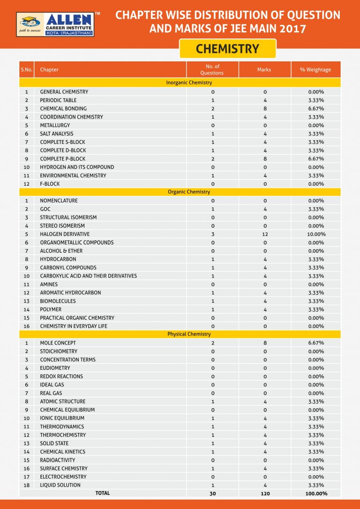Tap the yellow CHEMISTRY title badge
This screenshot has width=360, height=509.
click(227, 49)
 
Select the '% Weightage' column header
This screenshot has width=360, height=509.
click(315, 70)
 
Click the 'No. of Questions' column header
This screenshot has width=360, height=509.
click(212, 70)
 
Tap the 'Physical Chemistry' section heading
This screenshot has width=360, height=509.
click(189, 334)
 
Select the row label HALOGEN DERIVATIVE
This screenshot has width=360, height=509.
click(65, 234)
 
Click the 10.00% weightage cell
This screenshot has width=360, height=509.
click(316, 234)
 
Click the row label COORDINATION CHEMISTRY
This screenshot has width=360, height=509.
click(71, 117)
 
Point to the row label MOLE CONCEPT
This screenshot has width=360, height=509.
click(58, 343)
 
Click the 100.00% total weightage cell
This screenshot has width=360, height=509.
click(316, 494)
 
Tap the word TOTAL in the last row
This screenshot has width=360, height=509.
click(102, 493)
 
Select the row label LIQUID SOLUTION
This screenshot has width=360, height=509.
click(60, 485)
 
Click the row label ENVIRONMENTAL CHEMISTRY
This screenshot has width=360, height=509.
click(73, 175)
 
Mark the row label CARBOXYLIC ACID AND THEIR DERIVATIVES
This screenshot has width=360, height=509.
click(88, 276)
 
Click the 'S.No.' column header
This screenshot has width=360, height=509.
click(26, 70)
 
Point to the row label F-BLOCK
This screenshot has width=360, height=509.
click(50, 184)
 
